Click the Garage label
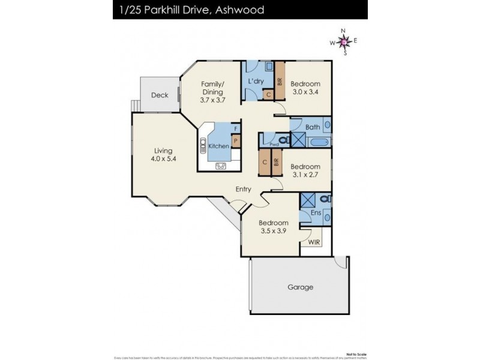click(300, 287)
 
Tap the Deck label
click(159, 95)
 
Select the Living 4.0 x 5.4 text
click(163, 155)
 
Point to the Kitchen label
click(218, 146)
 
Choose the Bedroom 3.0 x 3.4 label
click(305, 88)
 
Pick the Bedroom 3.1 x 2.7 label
click(305, 171)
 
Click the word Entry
click(243, 190)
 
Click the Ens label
click(316, 213)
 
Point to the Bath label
click(312, 127)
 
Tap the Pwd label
click(274, 145)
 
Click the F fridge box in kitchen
click(236, 129)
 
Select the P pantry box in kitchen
click(236, 142)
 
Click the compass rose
click(343, 41)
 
